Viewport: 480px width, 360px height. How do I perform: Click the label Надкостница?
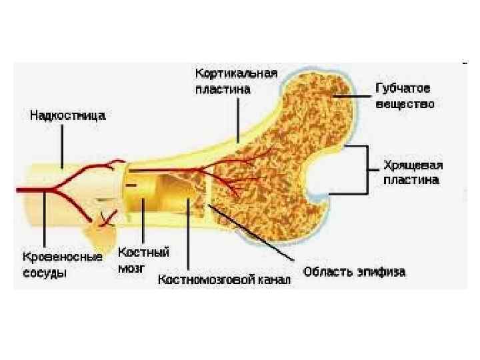[x=67, y=115]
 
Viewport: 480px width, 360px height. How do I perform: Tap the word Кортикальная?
[x=237, y=72]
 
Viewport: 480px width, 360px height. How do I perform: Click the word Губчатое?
[x=403, y=89]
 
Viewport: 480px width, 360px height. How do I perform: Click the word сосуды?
[x=44, y=272]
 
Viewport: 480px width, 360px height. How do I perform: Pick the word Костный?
[x=144, y=252]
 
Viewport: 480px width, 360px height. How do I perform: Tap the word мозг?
[x=131, y=267]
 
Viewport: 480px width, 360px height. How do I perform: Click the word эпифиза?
[x=381, y=272]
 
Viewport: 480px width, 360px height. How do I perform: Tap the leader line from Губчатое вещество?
[x=353, y=96]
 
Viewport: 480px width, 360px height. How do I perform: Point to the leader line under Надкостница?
[x=63, y=145]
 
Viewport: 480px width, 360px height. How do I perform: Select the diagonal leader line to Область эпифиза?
[x=253, y=233]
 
